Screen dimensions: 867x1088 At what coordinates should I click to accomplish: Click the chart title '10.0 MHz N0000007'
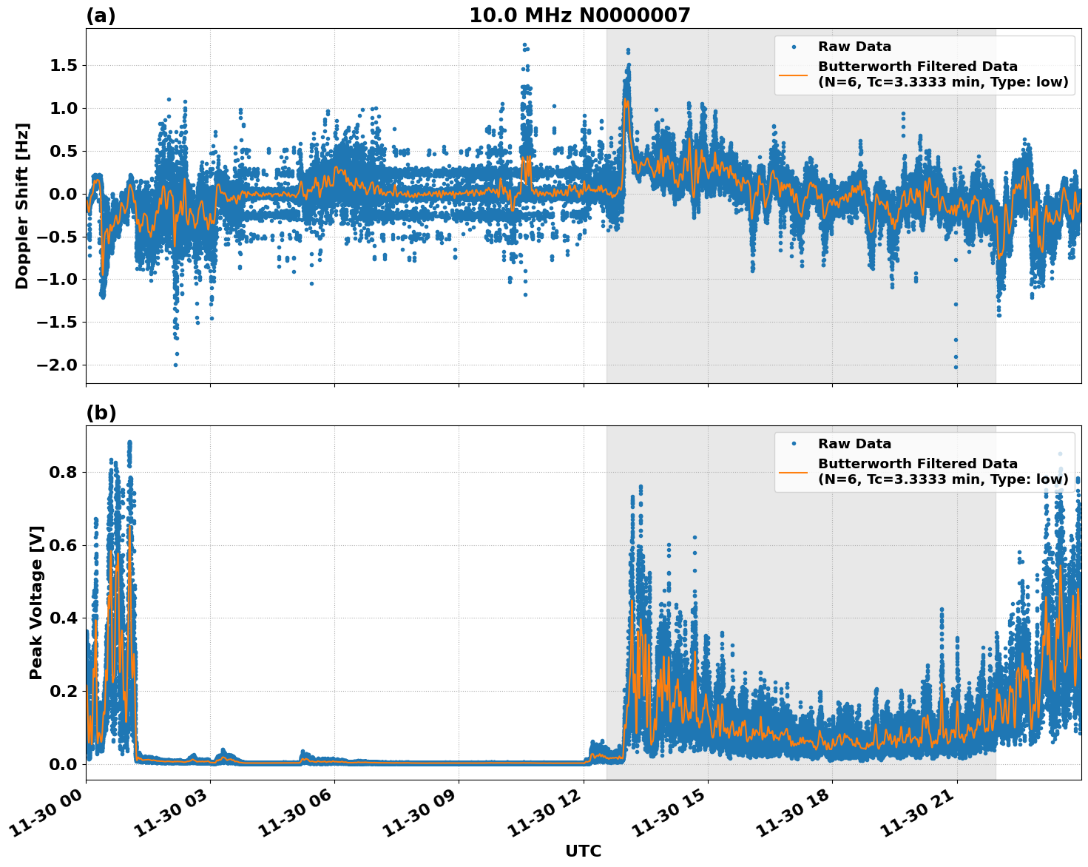tap(579, 16)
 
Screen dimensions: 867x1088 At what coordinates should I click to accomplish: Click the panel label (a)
tap(101, 16)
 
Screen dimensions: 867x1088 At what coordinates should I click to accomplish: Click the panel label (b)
tap(101, 413)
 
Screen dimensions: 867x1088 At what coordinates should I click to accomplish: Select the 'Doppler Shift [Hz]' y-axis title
tap(22, 206)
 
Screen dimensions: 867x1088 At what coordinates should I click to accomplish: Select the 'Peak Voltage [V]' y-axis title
tap(36, 602)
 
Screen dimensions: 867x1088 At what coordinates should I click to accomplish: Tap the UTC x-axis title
tap(583, 851)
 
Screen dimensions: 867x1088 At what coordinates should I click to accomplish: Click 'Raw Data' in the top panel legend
tap(854, 47)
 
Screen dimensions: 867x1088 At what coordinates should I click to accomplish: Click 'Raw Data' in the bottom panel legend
tap(854, 444)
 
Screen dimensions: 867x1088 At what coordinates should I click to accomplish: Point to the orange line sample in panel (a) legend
tap(794, 75)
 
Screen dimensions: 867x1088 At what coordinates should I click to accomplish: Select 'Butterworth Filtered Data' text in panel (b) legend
tap(917, 464)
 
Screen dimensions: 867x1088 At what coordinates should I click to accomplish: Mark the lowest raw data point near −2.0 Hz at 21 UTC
tap(956, 367)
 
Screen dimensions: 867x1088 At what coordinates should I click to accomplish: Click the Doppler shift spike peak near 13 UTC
tap(628, 51)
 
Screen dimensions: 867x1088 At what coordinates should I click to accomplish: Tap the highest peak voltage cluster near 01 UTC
tap(129, 443)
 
